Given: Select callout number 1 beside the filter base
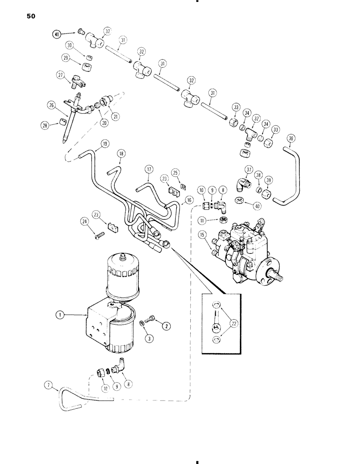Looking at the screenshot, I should click(59, 315).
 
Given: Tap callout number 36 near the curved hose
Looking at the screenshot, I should click(290, 138).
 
